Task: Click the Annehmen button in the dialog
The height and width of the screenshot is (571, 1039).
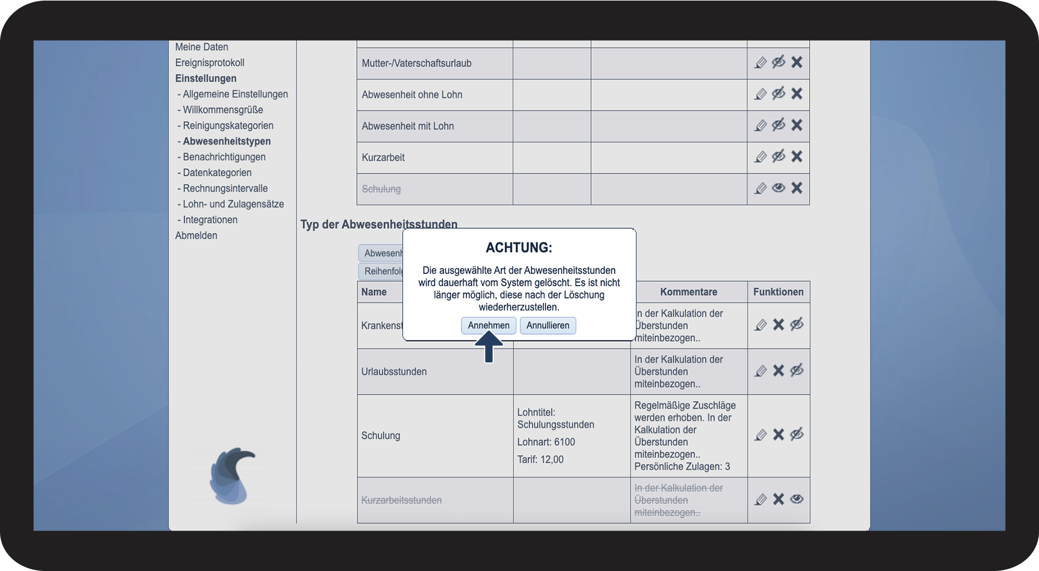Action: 488,325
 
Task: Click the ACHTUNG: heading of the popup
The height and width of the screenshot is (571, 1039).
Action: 519,248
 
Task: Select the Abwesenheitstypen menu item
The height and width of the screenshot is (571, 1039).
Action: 226,141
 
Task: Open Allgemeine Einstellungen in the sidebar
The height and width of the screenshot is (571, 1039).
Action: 235,94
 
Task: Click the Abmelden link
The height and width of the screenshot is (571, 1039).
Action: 196,235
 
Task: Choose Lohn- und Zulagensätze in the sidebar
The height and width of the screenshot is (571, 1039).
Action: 233,204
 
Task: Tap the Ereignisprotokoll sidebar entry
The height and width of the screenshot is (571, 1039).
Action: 209,62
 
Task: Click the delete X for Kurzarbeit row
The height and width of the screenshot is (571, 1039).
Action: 797,156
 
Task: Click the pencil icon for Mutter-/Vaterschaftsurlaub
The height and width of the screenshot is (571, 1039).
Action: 760,62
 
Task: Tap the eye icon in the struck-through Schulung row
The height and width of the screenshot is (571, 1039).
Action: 779,188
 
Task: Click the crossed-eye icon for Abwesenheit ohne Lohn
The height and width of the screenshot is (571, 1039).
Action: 779,94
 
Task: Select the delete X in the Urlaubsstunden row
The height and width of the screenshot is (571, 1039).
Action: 779,370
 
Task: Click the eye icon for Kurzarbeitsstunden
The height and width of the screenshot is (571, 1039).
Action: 797,499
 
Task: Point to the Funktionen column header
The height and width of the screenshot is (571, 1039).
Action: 778,292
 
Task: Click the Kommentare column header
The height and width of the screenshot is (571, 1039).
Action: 688,292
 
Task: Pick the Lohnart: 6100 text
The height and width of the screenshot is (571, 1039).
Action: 546,442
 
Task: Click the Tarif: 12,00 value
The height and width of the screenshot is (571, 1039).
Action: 540,460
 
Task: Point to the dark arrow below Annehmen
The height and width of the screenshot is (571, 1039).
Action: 489,348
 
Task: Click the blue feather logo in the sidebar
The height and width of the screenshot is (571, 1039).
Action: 232,476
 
